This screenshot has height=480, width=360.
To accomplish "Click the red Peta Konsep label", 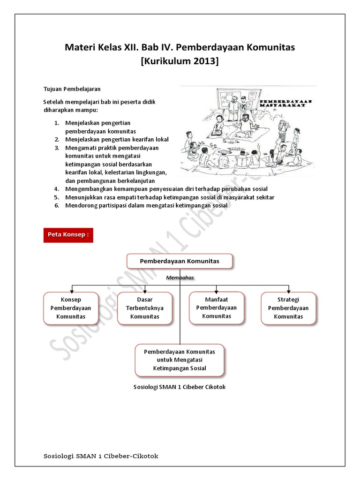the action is click(x=68, y=234).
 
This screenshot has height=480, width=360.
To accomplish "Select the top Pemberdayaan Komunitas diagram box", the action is click(x=180, y=261).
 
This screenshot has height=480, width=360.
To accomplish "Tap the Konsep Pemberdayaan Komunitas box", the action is click(x=71, y=308).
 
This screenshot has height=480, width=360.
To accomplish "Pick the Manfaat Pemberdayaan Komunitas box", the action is click(x=217, y=307).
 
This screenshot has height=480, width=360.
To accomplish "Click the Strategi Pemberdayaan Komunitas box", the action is click(x=288, y=308).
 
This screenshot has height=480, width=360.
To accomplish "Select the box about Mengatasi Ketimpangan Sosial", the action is click(x=180, y=360).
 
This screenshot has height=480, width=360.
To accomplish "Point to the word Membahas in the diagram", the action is click(x=180, y=277).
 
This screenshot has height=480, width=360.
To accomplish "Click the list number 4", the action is click(x=56, y=189).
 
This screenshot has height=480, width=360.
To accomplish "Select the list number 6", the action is click(x=56, y=205).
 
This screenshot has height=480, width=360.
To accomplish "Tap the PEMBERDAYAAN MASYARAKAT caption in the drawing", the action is click(x=285, y=103).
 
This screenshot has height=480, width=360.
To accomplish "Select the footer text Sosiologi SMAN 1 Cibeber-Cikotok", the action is click(x=100, y=456).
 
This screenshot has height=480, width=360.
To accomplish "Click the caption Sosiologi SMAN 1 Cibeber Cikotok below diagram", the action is click(x=180, y=387).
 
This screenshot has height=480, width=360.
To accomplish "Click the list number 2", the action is click(x=56, y=139).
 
